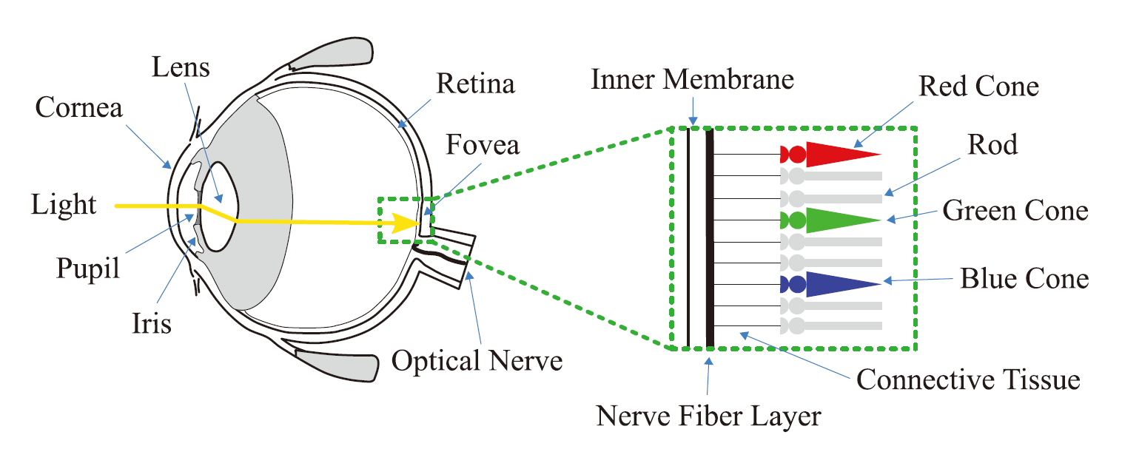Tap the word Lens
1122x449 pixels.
(181, 67)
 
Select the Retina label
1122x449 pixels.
(475, 84)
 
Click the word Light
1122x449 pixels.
(64, 204)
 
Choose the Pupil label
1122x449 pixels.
(88, 269)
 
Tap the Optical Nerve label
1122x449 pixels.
(477, 361)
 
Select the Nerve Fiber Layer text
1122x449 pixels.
(709, 416)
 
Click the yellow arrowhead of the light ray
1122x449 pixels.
(406, 222)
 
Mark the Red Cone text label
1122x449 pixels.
(978, 87)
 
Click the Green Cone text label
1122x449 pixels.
(1015, 211)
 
